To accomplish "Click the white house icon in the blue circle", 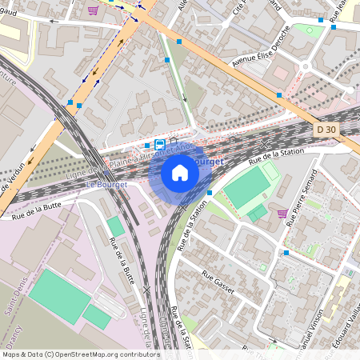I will pos(180,173).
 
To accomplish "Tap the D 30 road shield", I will pos(324,129).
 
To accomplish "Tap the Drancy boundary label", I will pos(15,336).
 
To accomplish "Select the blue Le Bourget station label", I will pos(102,185).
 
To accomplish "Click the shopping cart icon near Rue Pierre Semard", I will pos(282,214).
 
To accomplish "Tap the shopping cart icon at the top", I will pos(94,10).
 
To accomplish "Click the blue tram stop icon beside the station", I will pos(159,145).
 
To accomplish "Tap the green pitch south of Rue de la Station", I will pos(247,187).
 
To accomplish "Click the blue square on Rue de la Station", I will pos(209,193).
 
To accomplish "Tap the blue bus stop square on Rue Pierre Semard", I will pos(286,253).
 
